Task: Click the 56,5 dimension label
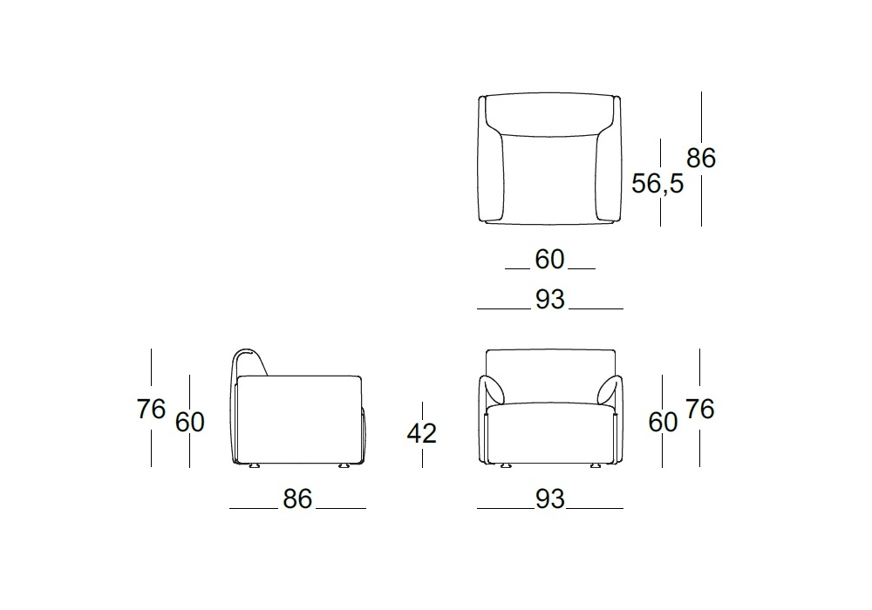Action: (x=657, y=183)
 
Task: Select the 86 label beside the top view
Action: (x=701, y=158)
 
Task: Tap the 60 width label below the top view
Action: (x=549, y=260)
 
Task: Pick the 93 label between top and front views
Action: (x=550, y=300)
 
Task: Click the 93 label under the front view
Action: (x=550, y=498)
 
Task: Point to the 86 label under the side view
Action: (x=297, y=498)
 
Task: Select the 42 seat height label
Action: (x=421, y=433)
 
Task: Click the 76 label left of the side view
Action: (x=151, y=410)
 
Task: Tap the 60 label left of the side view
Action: (x=189, y=423)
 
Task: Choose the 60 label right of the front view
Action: (x=663, y=423)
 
